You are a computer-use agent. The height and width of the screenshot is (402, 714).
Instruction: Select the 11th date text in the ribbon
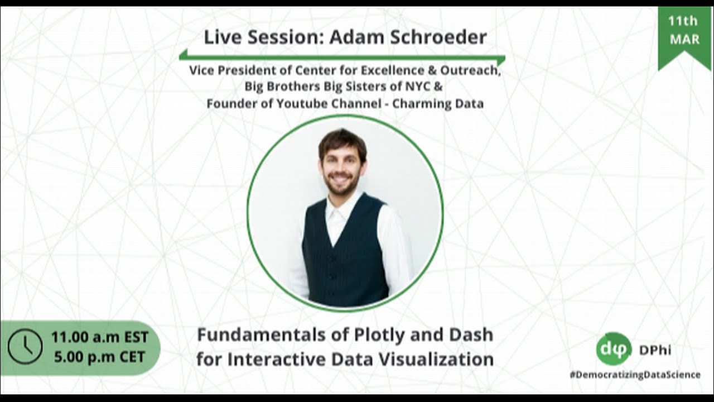tap(684, 21)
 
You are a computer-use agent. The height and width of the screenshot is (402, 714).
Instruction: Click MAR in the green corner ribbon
tap(684, 40)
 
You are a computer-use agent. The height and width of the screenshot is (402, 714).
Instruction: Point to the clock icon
tap(25, 347)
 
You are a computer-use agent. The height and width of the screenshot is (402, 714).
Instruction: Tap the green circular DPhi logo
tap(614, 350)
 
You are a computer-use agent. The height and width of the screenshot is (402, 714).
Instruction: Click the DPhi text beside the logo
tap(655, 350)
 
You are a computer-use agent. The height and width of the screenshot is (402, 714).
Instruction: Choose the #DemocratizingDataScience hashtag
tap(635, 375)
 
